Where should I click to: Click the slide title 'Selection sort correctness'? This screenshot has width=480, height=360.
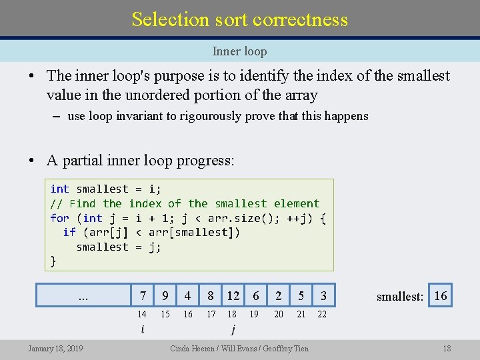point(239,19)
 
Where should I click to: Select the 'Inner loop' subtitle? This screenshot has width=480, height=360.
point(239,51)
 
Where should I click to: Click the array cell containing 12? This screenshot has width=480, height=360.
point(233,295)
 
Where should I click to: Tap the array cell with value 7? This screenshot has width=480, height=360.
point(143,295)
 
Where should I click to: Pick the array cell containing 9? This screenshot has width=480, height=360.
point(165,295)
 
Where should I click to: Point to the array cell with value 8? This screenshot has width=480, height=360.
point(211,295)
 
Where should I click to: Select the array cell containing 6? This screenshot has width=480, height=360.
point(255,295)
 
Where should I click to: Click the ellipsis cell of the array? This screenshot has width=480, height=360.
point(83,295)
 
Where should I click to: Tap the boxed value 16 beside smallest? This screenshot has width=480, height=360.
point(441,295)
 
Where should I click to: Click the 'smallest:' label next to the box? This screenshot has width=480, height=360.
point(400,297)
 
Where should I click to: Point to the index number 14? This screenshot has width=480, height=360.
point(142,314)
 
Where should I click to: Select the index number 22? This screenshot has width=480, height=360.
point(322,314)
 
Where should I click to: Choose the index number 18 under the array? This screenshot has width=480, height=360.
point(232,314)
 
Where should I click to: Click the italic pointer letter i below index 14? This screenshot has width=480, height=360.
point(142,329)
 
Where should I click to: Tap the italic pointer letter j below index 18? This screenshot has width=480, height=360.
point(233,329)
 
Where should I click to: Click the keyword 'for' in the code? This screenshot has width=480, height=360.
point(59,218)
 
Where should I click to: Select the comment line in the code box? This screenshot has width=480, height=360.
point(185,203)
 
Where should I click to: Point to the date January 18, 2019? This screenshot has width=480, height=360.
point(55,348)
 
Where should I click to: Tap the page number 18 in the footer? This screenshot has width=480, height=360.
point(447,348)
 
